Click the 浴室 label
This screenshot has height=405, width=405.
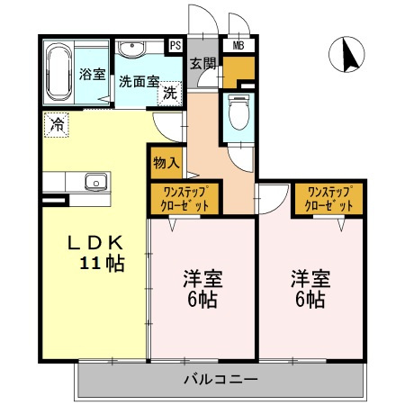point(91,74)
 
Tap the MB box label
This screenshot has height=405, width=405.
point(239,44)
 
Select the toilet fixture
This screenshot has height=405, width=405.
point(239,113)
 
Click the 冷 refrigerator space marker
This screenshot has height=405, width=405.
point(57,124)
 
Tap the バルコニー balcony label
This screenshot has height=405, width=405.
point(221,378)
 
